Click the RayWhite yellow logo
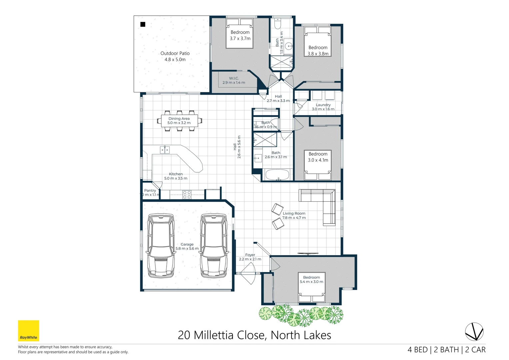(28, 331)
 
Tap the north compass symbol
(474, 332)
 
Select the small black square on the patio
(143, 24)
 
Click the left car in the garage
(161, 246)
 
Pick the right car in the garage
(214, 246)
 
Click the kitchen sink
(165, 150)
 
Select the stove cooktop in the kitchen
(187, 194)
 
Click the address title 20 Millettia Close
(254, 335)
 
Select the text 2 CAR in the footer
(475, 350)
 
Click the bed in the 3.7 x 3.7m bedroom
(240, 33)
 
